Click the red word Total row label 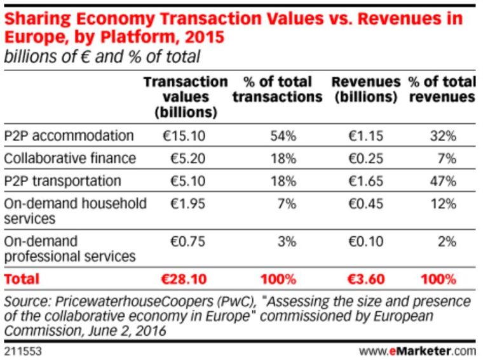(22, 279)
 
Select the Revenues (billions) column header (366, 90)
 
